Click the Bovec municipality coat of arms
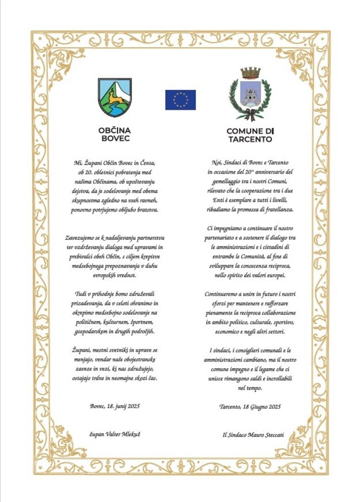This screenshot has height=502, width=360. click(115, 97)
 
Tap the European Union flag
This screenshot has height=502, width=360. click(180, 99)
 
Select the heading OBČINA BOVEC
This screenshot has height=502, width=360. click(115, 134)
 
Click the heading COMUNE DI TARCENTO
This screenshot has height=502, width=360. click(250, 135)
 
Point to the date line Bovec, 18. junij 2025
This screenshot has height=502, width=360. click(115, 405)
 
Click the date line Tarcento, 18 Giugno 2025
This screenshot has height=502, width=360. click(250, 406)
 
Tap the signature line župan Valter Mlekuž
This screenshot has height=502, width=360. click(115, 434)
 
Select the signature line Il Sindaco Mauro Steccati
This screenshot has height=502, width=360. click(253, 434)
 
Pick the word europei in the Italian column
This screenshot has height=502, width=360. click(274, 276)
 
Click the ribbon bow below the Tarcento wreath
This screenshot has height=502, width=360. click(250, 114)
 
